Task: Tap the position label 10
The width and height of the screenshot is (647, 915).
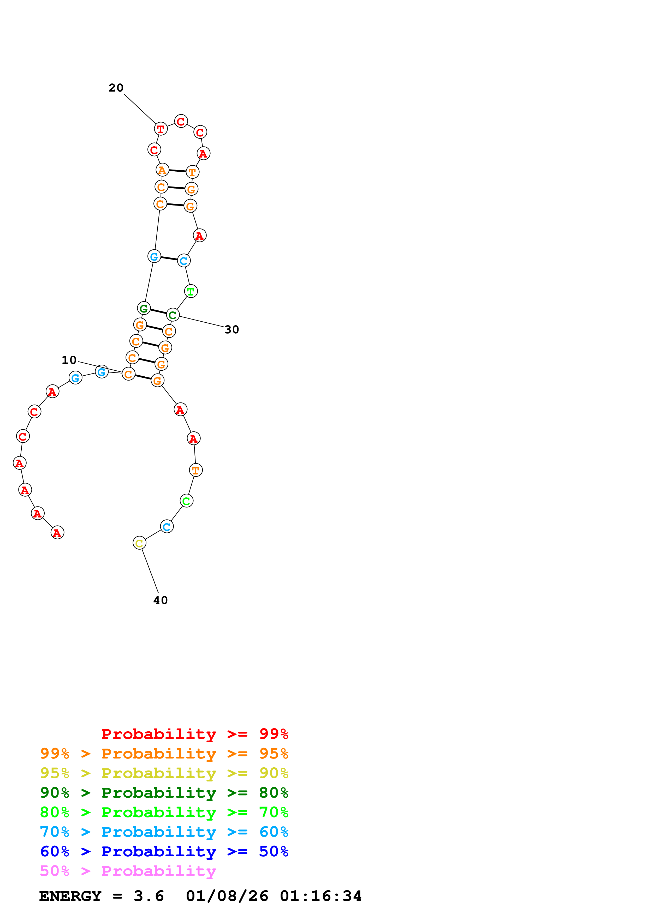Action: point(69,360)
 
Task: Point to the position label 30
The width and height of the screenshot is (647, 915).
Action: point(232,330)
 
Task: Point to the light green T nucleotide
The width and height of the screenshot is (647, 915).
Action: point(191,291)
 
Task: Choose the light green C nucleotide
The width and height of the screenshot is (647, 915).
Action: point(187,501)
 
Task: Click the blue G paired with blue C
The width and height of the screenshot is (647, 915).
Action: point(154,256)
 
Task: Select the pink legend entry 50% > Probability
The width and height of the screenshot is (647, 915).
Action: point(128,871)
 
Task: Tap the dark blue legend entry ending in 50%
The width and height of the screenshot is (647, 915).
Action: point(164,852)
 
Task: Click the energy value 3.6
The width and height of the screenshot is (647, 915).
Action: point(149,896)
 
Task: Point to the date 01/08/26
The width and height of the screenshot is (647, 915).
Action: point(227,896)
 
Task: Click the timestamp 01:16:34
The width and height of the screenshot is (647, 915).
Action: point(321,896)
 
